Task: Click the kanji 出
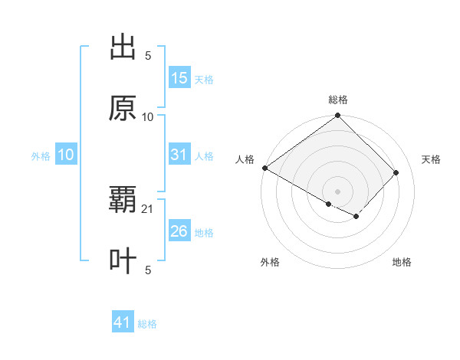click(x=123, y=47)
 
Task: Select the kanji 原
click(x=123, y=108)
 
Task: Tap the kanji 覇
click(x=123, y=200)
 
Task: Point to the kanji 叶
click(x=123, y=261)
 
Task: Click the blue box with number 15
click(x=179, y=78)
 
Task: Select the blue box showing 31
click(x=179, y=155)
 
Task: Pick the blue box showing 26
click(x=179, y=231)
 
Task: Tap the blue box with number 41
click(x=123, y=323)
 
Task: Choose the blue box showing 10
click(x=66, y=155)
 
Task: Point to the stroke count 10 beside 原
click(x=148, y=116)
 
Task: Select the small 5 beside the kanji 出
click(x=148, y=55)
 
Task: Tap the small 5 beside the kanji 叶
click(x=148, y=270)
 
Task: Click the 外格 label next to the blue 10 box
click(x=41, y=155)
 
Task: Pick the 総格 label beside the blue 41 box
click(x=147, y=324)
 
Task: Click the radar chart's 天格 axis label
click(x=432, y=159)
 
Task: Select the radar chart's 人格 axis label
click(x=245, y=159)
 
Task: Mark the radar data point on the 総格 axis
click(x=338, y=116)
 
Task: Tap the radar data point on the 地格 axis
click(x=356, y=217)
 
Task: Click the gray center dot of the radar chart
click(x=338, y=191)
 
